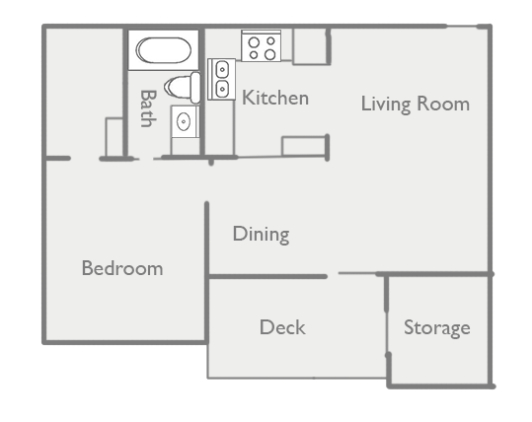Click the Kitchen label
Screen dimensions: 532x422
(275, 98)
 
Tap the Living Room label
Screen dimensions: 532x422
(416, 104)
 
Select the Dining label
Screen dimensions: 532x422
(262, 235)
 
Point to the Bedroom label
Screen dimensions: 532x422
(122, 268)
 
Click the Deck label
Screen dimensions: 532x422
(282, 327)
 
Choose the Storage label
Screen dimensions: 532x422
(437, 328)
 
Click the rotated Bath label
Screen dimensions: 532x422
(148, 108)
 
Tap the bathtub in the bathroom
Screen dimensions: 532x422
(164, 50)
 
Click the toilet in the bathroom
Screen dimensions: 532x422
(183, 88)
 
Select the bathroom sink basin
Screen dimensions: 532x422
(184, 121)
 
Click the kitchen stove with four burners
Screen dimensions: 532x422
(261, 45)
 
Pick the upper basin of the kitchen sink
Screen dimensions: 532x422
(222, 69)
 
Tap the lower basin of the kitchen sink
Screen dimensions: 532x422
(222, 89)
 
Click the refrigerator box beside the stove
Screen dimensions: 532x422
(310, 46)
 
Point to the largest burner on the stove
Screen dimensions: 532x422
(270, 54)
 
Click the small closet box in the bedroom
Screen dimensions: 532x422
(114, 137)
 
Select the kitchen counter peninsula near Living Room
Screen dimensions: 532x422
(304, 146)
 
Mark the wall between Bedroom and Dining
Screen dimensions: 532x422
(206, 272)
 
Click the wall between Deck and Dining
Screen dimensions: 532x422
(267, 277)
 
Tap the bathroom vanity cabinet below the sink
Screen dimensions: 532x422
(185, 147)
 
